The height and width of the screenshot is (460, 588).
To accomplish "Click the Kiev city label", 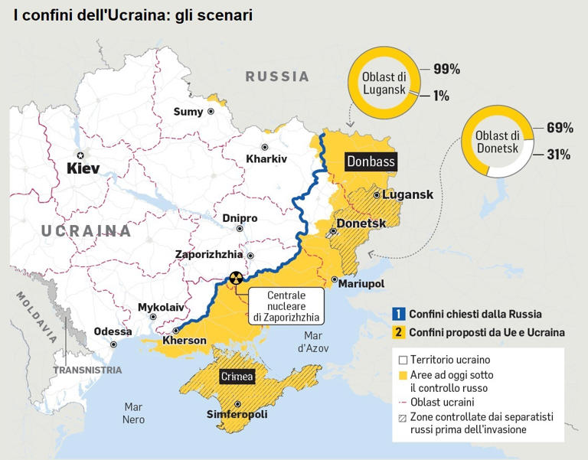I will tap(83, 168).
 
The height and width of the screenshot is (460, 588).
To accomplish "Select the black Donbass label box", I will tap(371, 161).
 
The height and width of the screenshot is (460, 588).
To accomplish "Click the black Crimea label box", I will tap(237, 377).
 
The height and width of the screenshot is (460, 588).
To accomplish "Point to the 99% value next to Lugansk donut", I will tap(446, 69).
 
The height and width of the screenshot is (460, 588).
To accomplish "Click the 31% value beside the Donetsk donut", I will tap(557, 155).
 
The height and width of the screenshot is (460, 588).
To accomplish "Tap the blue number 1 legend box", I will tap(398, 314).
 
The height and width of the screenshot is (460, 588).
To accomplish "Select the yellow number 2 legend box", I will tap(398, 332).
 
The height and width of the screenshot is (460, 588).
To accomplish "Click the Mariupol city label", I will tap(361, 284).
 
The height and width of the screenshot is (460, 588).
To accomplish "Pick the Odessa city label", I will tap(112, 332).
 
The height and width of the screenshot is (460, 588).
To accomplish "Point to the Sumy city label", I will tap(188, 112).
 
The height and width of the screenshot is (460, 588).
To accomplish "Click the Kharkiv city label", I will tap(266, 159).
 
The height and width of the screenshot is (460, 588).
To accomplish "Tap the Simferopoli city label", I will tap(237, 415).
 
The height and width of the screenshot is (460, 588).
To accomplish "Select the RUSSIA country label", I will tap(277, 77).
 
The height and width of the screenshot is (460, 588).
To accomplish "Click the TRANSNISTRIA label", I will tap(87, 370).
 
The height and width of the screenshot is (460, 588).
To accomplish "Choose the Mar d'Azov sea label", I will tap(314, 341).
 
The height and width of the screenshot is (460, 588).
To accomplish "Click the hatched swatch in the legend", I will tap(403, 417).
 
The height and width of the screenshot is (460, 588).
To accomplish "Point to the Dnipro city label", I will tap(240, 218).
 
